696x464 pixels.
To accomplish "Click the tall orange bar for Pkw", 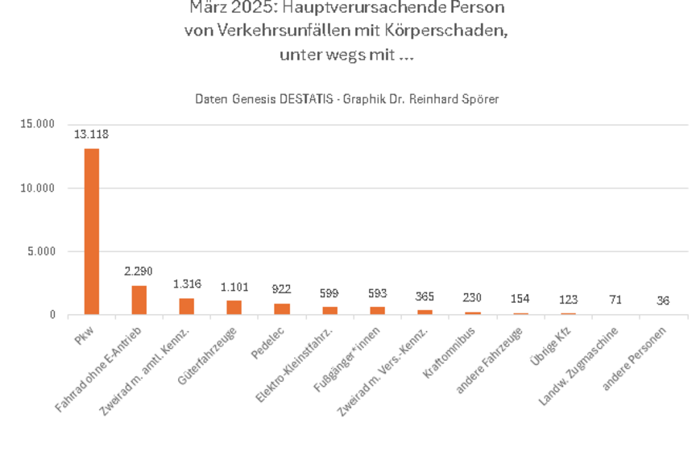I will [x=92, y=231].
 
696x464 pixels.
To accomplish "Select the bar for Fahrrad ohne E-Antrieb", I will [x=139, y=300].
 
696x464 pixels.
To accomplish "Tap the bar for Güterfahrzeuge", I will [x=234, y=307].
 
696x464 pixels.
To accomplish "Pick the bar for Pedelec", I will [x=282, y=309].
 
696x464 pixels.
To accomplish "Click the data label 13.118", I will [x=92, y=135].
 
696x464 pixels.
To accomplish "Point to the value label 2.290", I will [x=139, y=271].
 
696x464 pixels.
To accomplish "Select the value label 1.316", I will [x=187, y=284].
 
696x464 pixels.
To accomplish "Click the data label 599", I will [x=329, y=293].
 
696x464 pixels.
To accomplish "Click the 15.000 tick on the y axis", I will [x=38, y=124].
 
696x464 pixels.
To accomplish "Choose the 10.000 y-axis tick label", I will [x=38, y=188].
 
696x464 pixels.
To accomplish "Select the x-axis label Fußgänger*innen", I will [x=354, y=350].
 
